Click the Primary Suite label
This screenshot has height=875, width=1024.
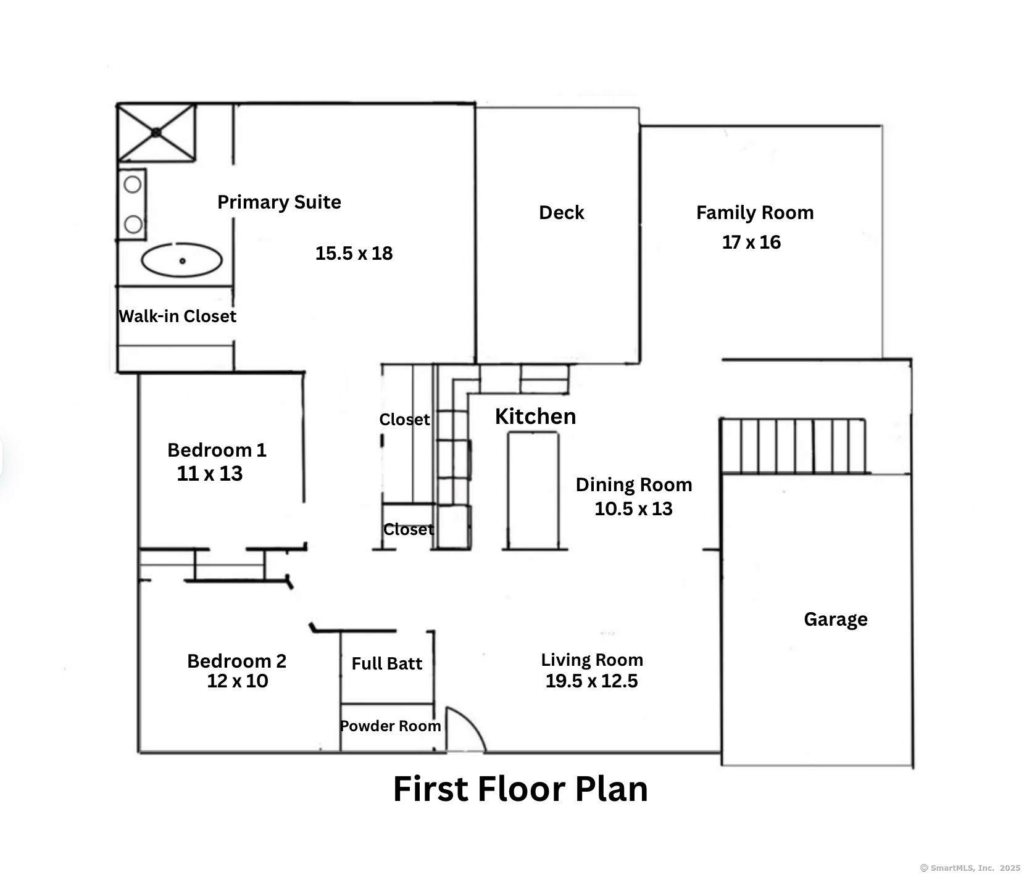[x=279, y=202]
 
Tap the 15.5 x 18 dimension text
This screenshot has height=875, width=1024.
[x=354, y=254]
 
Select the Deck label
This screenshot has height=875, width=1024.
[x=561, y=213]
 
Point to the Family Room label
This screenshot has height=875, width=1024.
[x=755, y=213]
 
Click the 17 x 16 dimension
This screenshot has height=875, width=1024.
[x=751, y=243]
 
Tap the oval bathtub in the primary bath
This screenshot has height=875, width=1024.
[x=181, y=260]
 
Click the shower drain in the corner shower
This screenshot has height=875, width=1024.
[x=156, y=132]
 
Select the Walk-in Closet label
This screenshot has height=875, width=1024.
[x=177, y=317]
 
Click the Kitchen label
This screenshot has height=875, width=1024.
[x=535, y=417]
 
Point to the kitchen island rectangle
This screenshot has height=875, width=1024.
[x=533, y=490]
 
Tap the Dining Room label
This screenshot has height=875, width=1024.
[x=634, y=485]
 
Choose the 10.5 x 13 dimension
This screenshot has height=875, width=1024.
[x=633, y=509]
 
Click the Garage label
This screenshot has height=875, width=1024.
[x=836, y=620]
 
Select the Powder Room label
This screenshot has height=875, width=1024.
[x=391, y=726]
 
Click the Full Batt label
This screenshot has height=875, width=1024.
[x=387, y=664]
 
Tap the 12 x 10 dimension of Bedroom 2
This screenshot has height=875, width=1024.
[x=238, y=681]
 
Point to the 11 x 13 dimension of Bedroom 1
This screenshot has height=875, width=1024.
[x=210, y=474]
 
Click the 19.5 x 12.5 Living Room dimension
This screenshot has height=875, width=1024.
[x=591, y=681]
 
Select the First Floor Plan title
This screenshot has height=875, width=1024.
[x=520, y=789]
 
